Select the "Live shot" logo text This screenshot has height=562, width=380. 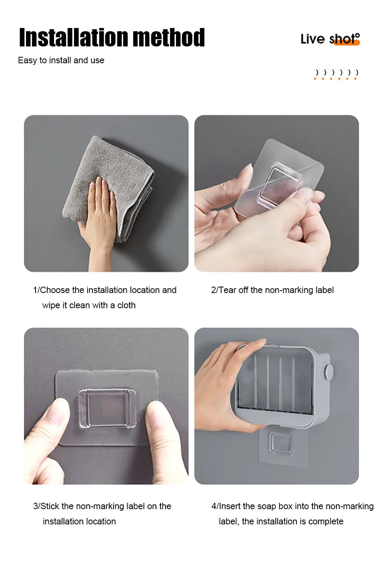(330, 39)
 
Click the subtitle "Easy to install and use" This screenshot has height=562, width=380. (61, 60)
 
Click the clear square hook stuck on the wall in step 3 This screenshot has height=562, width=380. (108, 408)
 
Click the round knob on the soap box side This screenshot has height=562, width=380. (329, 371)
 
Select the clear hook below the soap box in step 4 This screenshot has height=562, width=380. (281, 444)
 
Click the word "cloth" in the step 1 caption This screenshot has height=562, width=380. (126, 305)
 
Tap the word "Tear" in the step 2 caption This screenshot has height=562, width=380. (228, 290)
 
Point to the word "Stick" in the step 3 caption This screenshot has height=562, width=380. (50, 506)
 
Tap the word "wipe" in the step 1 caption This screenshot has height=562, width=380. (51, 305)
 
